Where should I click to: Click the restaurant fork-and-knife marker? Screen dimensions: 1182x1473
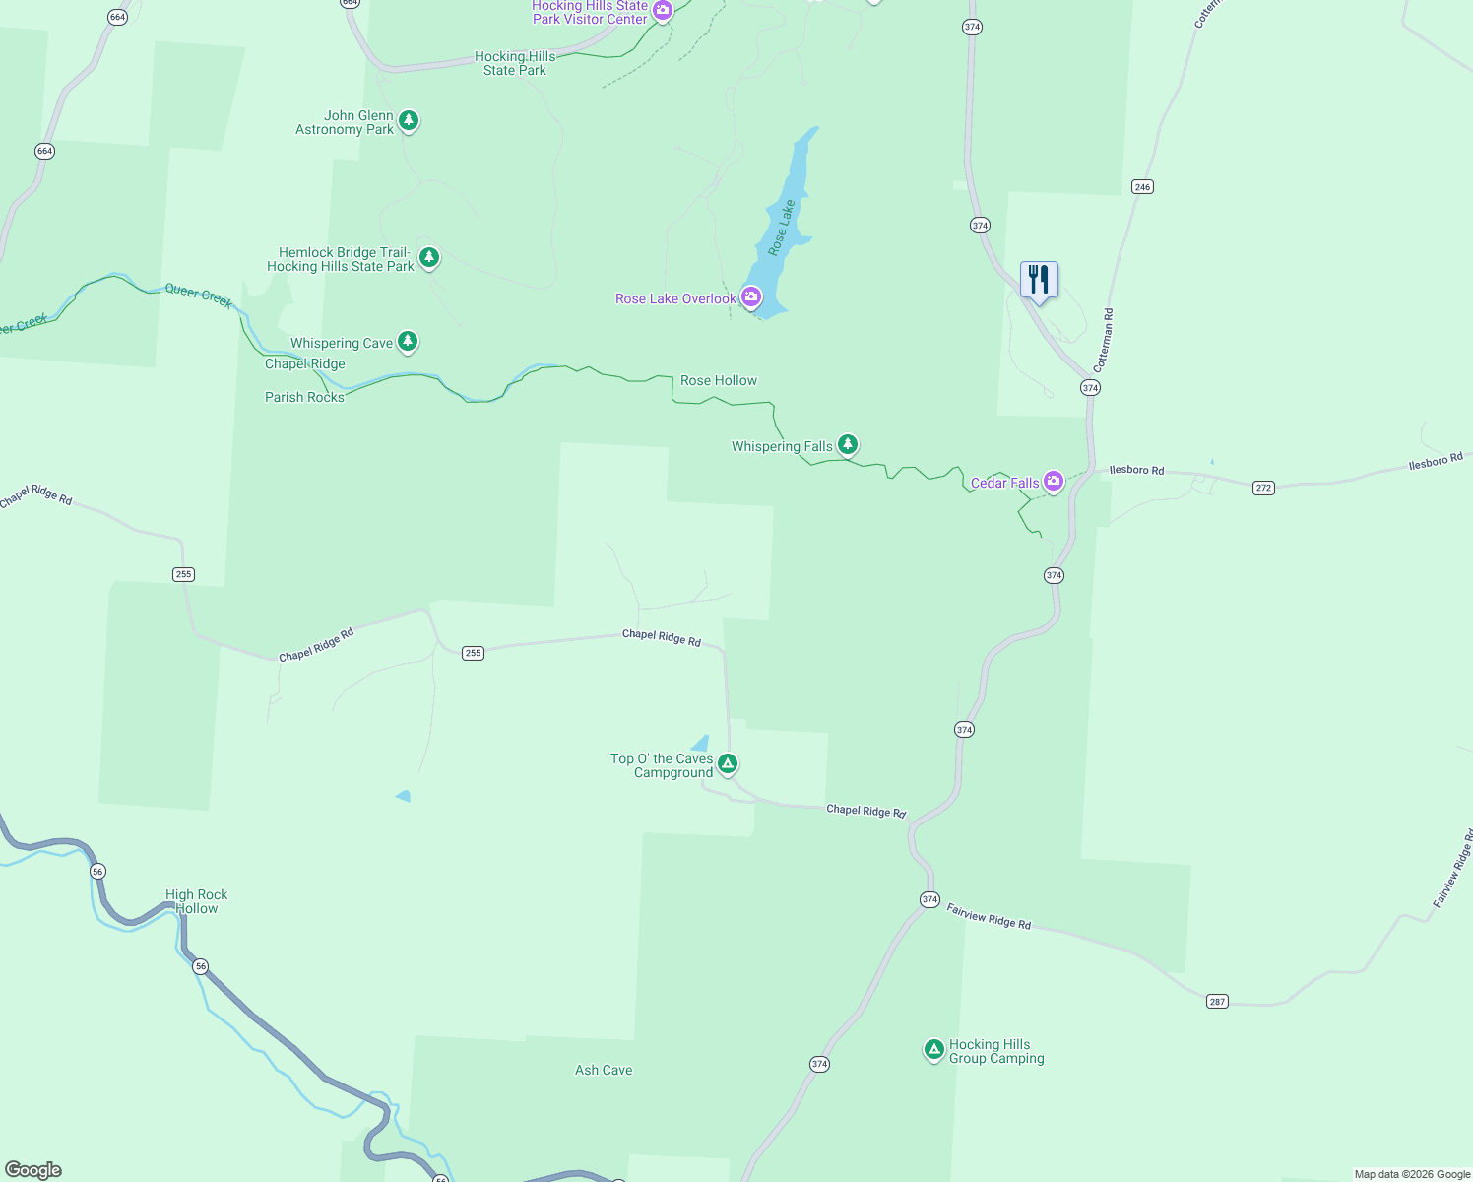pos(1039,281)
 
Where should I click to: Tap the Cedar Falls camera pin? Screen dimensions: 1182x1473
pos(1054,482)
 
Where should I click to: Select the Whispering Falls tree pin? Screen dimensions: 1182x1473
pos(847,445)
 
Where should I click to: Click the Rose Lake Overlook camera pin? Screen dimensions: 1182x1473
pos(751,296)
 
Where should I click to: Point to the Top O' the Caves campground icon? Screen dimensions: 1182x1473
pos(728,763)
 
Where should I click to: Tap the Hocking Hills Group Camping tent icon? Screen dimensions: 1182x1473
pos(933,1050)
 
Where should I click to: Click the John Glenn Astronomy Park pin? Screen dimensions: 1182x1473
pos(409,121)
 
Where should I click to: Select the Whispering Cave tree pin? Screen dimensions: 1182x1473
pos(408,342)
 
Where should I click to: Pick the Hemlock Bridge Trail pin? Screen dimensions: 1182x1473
pos(428,258)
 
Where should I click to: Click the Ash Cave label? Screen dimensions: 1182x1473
pos(604,1070)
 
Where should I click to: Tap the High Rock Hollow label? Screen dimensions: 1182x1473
pos(197,901)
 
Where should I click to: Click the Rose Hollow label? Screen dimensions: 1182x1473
pos(719,380)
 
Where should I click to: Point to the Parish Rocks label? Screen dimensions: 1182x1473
pos(304,397)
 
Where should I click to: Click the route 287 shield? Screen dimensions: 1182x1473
pos(1217,1001)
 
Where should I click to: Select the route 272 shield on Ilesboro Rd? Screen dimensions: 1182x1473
pos(1263,488)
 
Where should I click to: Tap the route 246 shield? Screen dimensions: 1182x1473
pos(1142,187)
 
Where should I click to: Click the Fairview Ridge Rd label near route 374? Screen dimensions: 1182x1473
pos(989,917)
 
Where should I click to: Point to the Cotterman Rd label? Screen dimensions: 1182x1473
pos(1103,341)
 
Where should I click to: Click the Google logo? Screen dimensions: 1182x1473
pos(33,1170)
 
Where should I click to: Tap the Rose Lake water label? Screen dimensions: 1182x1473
pos(782,228)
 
